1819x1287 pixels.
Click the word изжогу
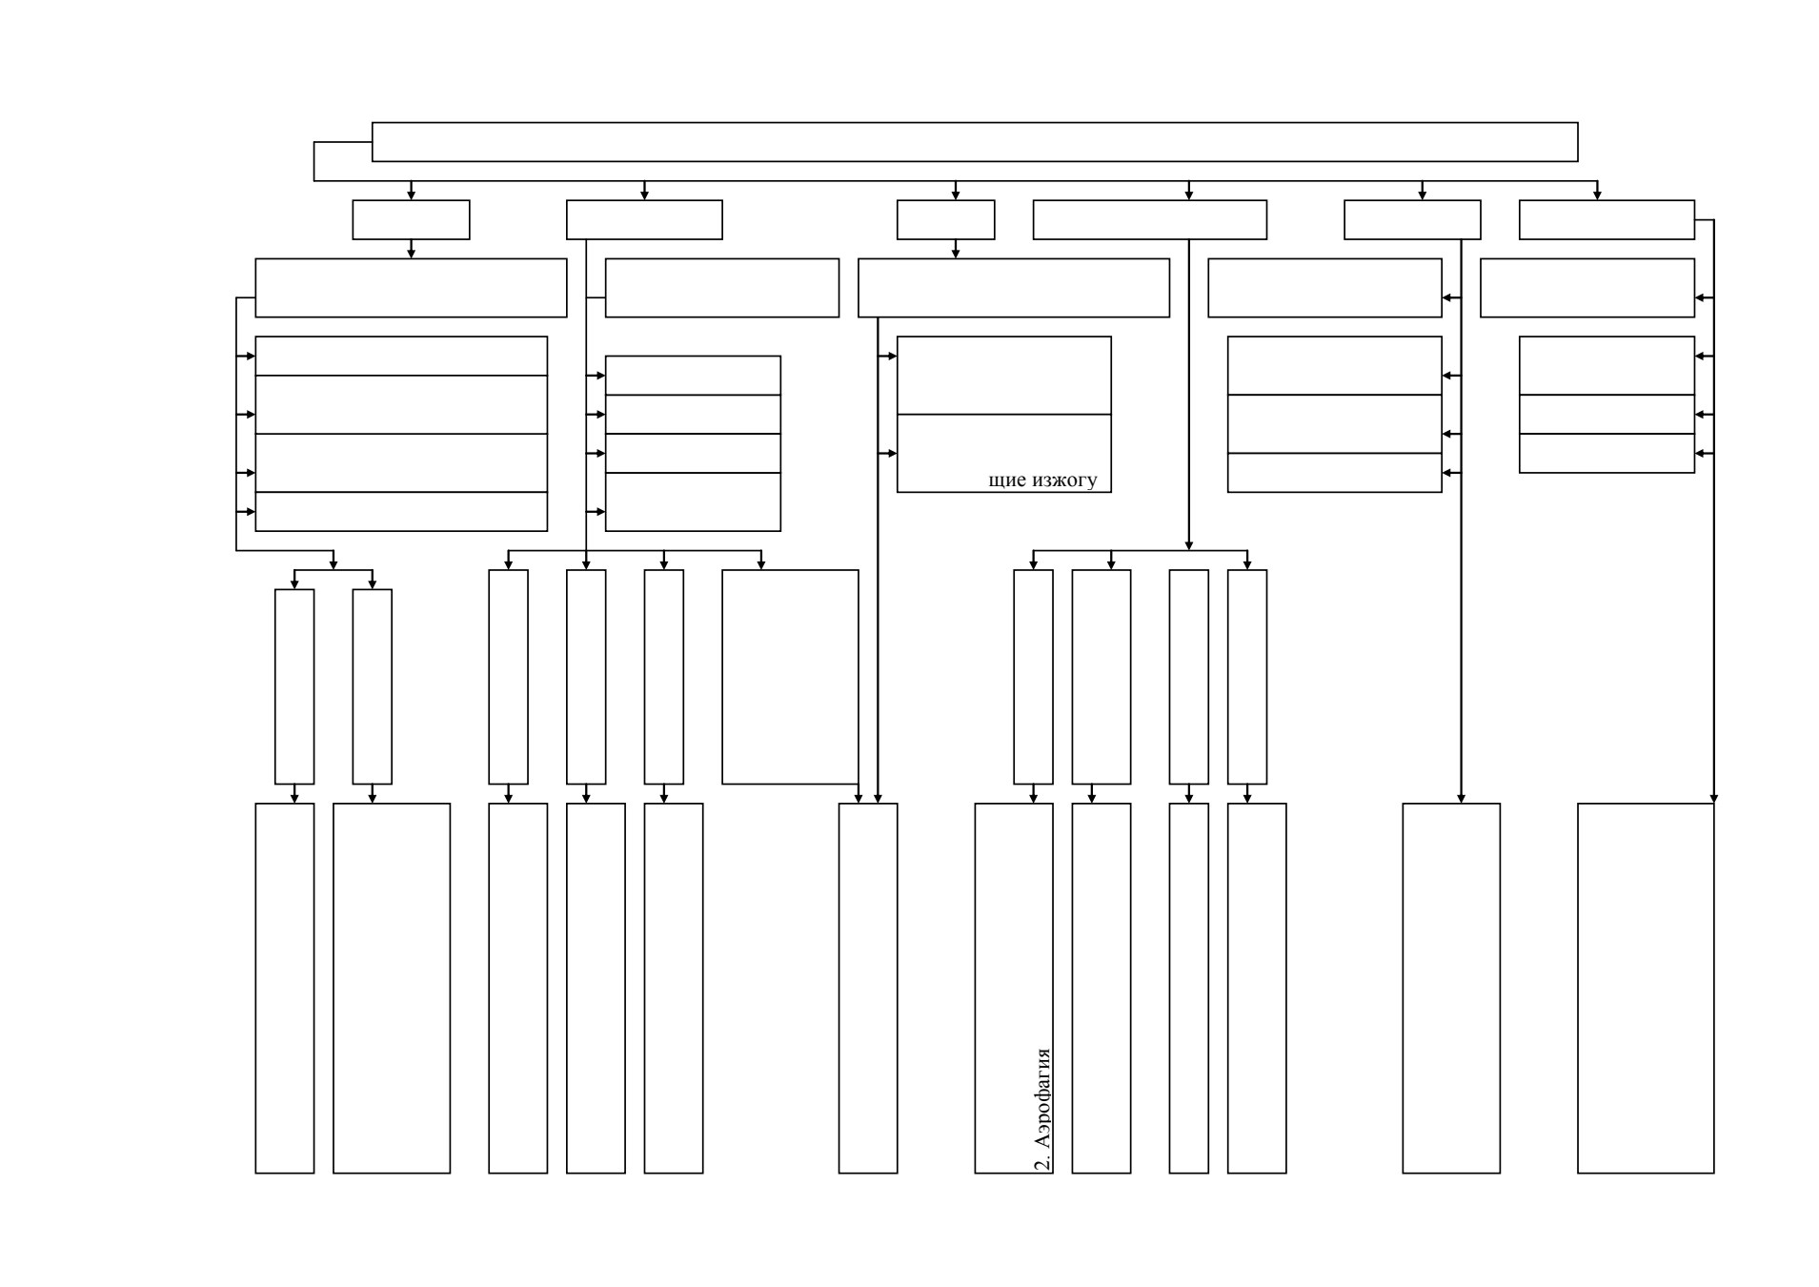point(1065,480)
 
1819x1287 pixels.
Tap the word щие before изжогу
point(1008,480)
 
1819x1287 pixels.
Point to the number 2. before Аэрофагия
point(1042,1162)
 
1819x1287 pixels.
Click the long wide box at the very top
point(974,142)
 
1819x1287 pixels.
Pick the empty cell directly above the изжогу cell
point(1003,376)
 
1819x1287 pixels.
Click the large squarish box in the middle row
point(790,677)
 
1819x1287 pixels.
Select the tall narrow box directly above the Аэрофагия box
point(1033,677)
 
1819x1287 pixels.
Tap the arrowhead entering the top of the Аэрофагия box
point(1033,798)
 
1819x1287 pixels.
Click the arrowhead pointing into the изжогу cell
point(891,454)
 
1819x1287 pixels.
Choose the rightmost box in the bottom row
point(1646,988)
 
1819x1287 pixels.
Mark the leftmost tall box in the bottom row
point(285,988)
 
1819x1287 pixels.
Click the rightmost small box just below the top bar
point(1607,219)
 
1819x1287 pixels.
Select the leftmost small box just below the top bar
point(411,219)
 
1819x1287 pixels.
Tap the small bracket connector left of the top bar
point(314,161)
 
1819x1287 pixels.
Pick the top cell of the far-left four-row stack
point(401,356)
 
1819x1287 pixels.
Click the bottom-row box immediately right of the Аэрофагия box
point(1102,988)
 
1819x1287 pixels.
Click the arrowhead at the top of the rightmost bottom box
point(1714,798)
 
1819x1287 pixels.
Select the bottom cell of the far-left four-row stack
point(401,512)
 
